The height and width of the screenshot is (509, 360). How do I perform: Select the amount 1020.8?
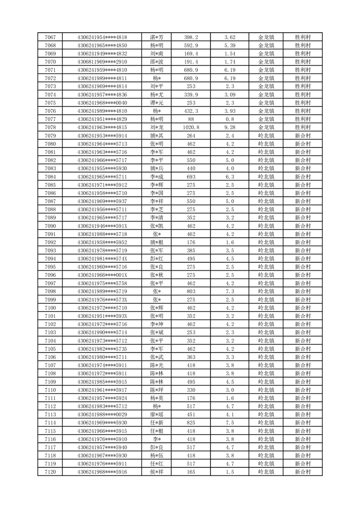(x=191, y=127)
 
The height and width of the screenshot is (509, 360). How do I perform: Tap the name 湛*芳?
(x=157, y=37)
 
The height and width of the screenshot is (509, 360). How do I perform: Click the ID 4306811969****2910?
(x=102, y=62)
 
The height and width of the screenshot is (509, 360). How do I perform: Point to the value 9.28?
(x=230, y=127)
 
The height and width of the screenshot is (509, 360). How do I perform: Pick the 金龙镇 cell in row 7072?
(x=266, y=78)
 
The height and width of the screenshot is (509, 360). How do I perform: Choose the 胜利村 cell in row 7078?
(x=302, y=127)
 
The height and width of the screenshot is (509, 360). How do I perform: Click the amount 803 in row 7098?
(x=191, y=291)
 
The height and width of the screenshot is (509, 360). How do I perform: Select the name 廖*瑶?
(x=157, y=414)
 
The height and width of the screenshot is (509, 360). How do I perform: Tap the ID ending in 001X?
(x=102, y=275)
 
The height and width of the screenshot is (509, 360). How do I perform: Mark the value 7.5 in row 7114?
(x=230, y=422)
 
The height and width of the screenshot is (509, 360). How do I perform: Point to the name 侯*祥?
(x=157, y=472)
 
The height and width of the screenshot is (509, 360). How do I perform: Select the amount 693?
(x=191, y=176)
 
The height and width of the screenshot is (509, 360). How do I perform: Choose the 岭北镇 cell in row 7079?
(x=266, y=136)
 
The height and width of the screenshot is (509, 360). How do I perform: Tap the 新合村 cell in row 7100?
(x=302, y=308)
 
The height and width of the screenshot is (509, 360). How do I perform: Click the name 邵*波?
(x=157, y=62)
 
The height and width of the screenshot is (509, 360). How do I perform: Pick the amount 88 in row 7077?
(x=191, y=119)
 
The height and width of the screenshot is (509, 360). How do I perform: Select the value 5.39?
(x=230, y=45)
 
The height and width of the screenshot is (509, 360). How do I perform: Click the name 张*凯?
(x=157, y=226)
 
